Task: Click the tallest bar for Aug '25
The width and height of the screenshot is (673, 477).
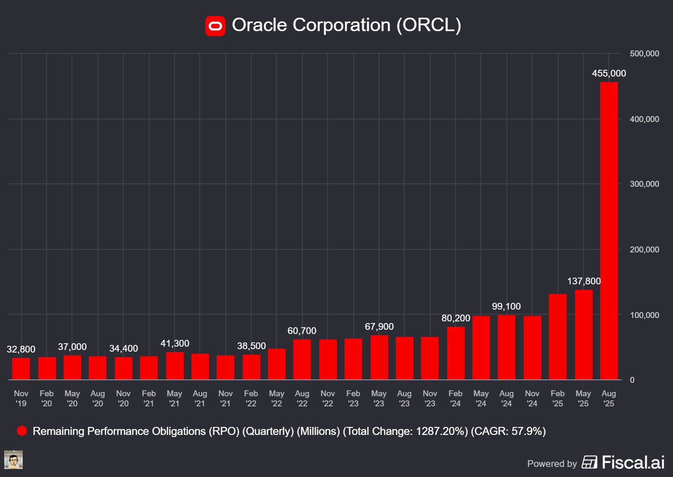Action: pos(609,231)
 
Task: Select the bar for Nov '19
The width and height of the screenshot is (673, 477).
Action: pos(21,369)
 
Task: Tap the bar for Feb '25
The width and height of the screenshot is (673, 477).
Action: pos(557,337)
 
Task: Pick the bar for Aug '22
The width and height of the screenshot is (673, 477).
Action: pos(302,360)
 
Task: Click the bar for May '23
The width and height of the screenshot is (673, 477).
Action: pos(379,358)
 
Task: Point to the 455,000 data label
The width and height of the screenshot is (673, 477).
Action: pos(609,73)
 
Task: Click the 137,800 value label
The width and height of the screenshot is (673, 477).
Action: pos(583,281)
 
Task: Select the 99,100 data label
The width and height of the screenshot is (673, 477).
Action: pos(506,306)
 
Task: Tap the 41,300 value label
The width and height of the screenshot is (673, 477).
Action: pos(175,343)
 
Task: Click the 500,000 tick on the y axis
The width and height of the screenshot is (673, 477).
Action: pos(644,53)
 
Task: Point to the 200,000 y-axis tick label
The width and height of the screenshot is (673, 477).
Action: pos(644,249)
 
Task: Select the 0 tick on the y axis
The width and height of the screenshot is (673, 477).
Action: pos(632,380)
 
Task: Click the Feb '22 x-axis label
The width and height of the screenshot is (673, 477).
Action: pos(251,398)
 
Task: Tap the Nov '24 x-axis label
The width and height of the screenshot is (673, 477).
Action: pos(532,398)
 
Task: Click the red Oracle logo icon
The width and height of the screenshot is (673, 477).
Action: pos(215,26)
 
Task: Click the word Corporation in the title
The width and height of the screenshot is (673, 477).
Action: pos(341,25)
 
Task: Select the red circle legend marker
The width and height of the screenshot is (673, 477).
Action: pos(22,431)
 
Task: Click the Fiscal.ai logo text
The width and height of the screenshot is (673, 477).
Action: pos(633,462)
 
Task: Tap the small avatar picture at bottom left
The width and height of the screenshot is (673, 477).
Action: pos(13,460)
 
